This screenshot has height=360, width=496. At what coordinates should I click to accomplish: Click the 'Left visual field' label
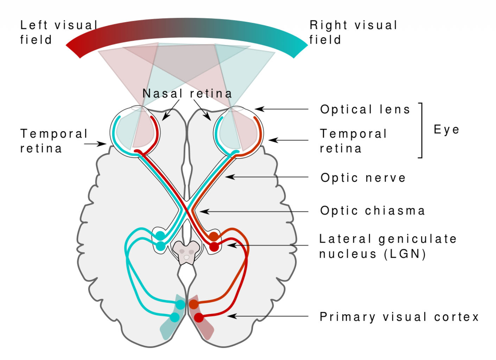point(58,32)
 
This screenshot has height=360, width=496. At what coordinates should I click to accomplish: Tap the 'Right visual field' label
point(353,32)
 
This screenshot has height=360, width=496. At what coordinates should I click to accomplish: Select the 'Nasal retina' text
point(187,94)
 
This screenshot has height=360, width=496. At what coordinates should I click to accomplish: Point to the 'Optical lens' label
point(365,109)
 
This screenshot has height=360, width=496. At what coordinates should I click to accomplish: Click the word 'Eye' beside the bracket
point(446,129)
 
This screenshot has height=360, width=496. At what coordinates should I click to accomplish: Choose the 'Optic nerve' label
point(363,178)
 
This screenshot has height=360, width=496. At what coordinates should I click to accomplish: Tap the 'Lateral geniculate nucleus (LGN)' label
point(388,246)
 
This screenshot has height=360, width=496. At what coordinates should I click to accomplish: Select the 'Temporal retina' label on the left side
point(53,141)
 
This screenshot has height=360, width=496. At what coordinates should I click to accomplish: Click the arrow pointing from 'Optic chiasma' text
point(253,212)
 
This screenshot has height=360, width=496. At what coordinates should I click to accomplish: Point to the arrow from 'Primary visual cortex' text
point(267,316)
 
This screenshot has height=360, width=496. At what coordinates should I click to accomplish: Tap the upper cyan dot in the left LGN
point(160,236)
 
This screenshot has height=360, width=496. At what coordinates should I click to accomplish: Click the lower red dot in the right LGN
point(214,247)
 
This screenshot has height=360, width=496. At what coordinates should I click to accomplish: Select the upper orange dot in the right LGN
point(214,236)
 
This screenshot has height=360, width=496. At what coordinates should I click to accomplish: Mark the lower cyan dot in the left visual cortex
point(175,317)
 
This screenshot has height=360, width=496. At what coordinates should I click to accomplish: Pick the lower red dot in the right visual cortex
point(199,317)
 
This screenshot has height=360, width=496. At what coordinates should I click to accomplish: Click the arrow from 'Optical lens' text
point(281,109)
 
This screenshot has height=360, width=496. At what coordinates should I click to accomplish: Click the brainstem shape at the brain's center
point(186,252)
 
